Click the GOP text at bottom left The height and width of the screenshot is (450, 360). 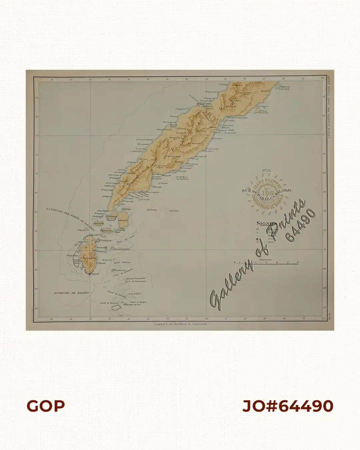point(46,406)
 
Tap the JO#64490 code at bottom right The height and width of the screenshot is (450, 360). point(288,406)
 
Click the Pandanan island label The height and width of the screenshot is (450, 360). point(113,216)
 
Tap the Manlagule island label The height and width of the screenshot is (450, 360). point(106,230)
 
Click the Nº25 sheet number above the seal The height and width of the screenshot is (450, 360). point(266,171)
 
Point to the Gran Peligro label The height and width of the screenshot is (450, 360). point(135,294)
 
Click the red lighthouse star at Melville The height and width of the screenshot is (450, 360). point(90,274)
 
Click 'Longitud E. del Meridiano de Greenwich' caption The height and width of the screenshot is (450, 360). point(180,324)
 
